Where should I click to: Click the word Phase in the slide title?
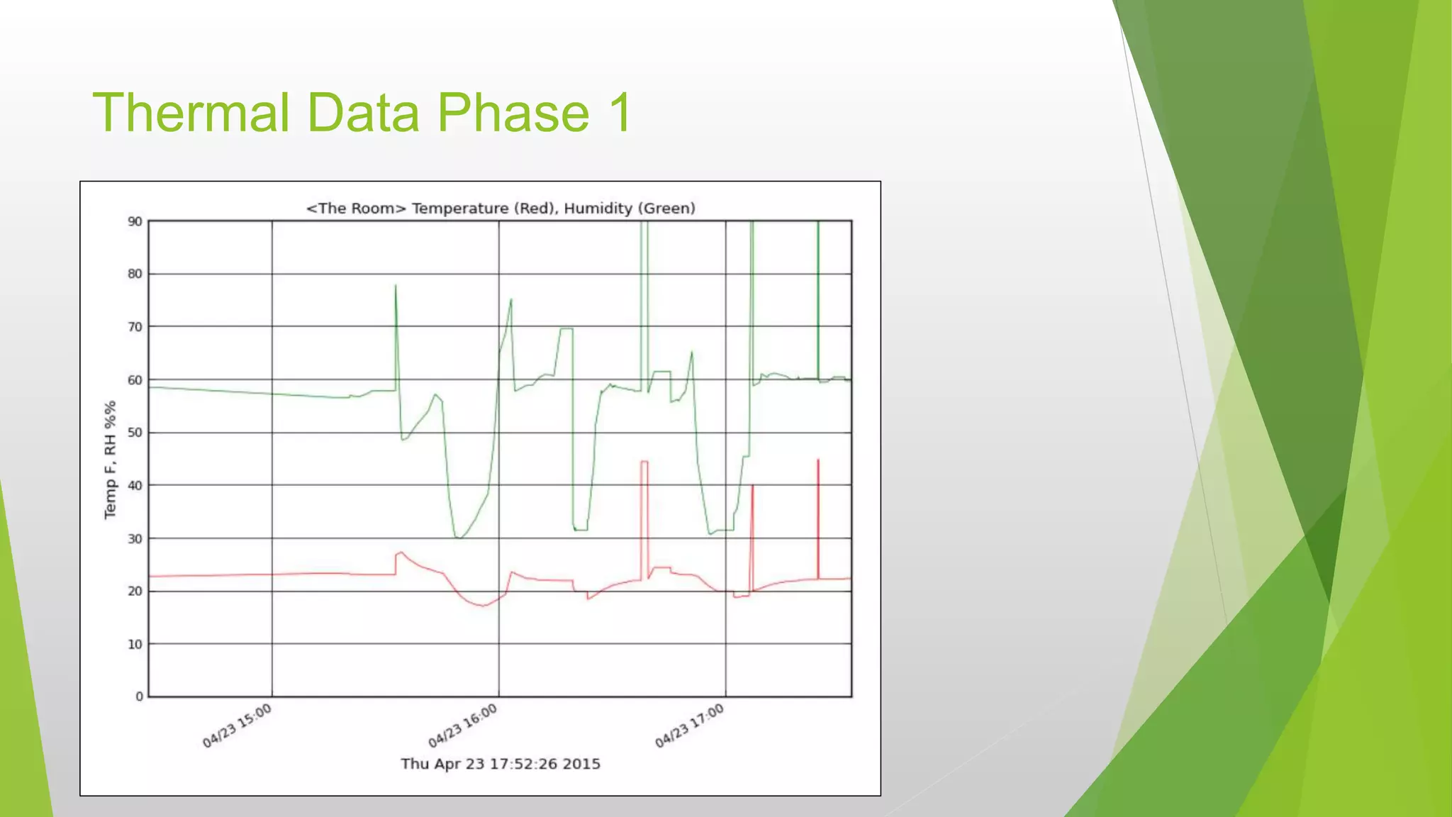pos(512,112)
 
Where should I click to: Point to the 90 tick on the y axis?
pos(135,221)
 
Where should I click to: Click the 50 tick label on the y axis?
pos(135,433)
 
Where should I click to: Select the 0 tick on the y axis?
pos(139,696)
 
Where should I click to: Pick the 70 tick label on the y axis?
pos(135,327)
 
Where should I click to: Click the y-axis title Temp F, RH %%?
pos(110,460)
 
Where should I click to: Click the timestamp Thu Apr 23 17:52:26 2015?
pos(501,764)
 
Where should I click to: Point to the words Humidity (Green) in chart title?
pos(630,209)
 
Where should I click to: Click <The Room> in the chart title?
pos(356,209)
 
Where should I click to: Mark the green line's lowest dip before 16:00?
pos(459,538)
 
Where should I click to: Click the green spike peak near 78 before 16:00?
pos(396,285)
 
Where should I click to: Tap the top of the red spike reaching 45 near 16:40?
pos(644,462)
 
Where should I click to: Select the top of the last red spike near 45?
pos(818,460)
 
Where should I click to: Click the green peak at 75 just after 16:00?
pos(511,299)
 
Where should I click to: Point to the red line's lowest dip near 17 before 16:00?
pos(483,606)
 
